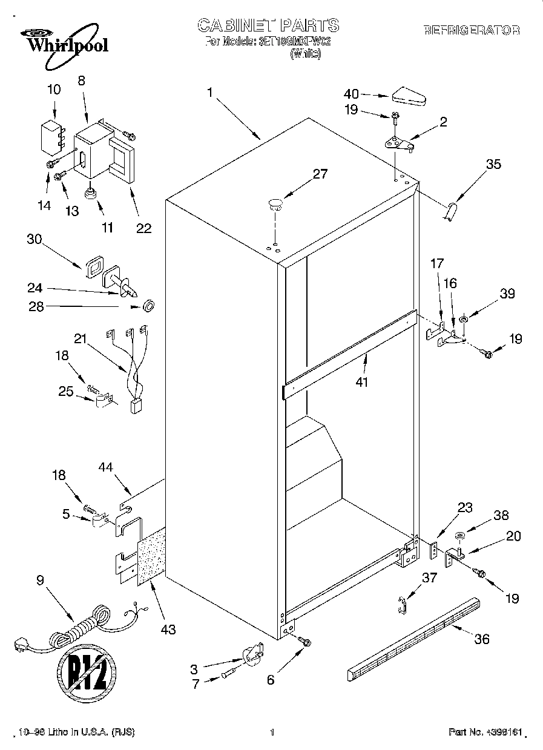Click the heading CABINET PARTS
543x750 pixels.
[268, 25]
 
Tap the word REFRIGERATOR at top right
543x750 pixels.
[472, 30]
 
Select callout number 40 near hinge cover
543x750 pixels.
[351, 94]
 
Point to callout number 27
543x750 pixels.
[320, 174]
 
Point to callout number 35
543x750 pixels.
[493, 163]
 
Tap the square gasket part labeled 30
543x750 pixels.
[94, 266]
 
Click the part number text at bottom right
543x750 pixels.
[484, 732]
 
